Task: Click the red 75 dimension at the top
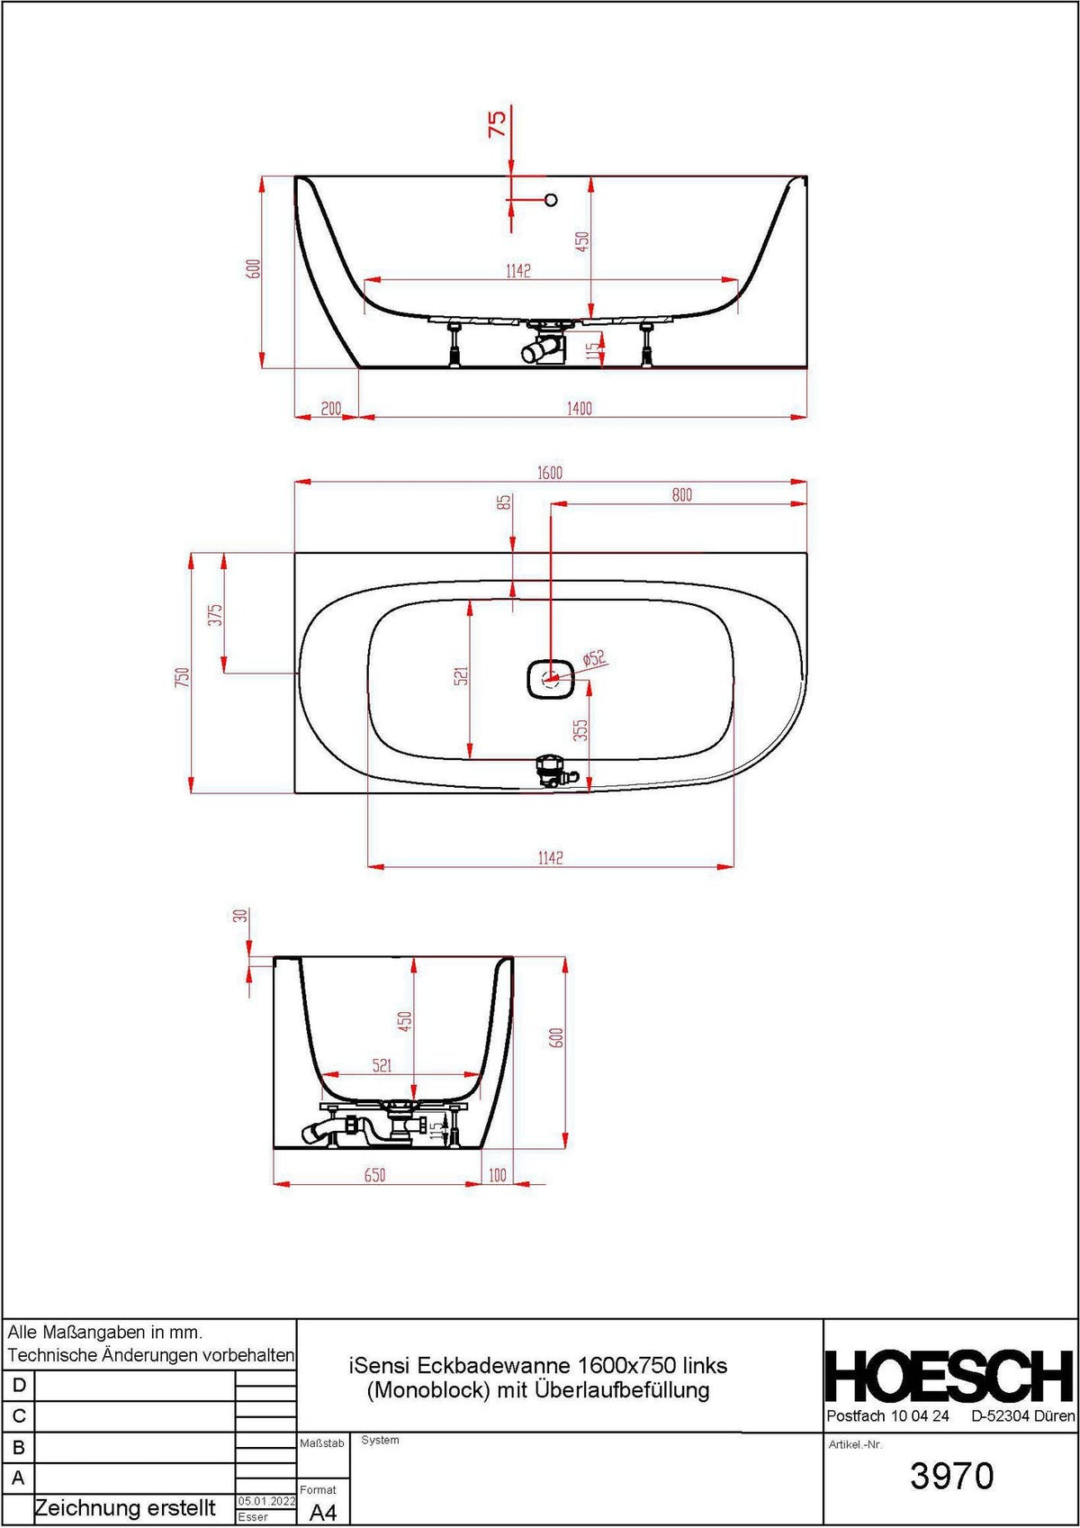point(498,123)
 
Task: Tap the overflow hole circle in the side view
point(551,200)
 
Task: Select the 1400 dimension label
point(580,409)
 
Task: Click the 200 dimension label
point(330,409)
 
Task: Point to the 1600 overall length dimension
point(550,473)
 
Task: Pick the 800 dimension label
point(682,494)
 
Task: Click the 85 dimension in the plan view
point(504,502)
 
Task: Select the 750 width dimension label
point(182,677)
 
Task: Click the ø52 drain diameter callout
point(594,658)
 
